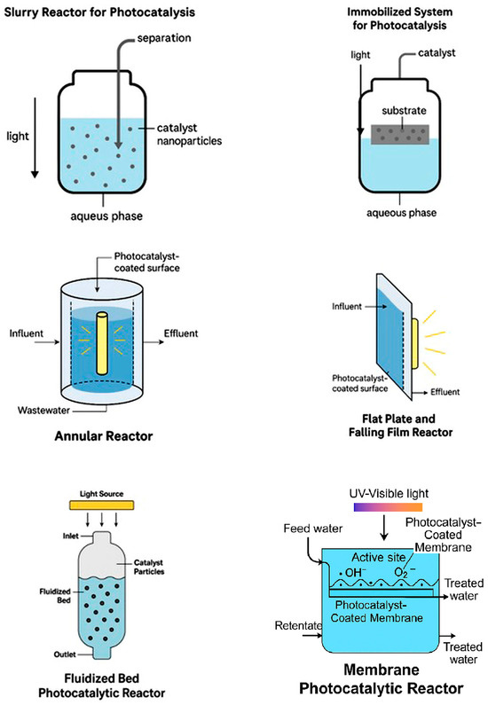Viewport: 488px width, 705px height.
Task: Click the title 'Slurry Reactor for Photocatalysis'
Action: (x=98, y=12)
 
